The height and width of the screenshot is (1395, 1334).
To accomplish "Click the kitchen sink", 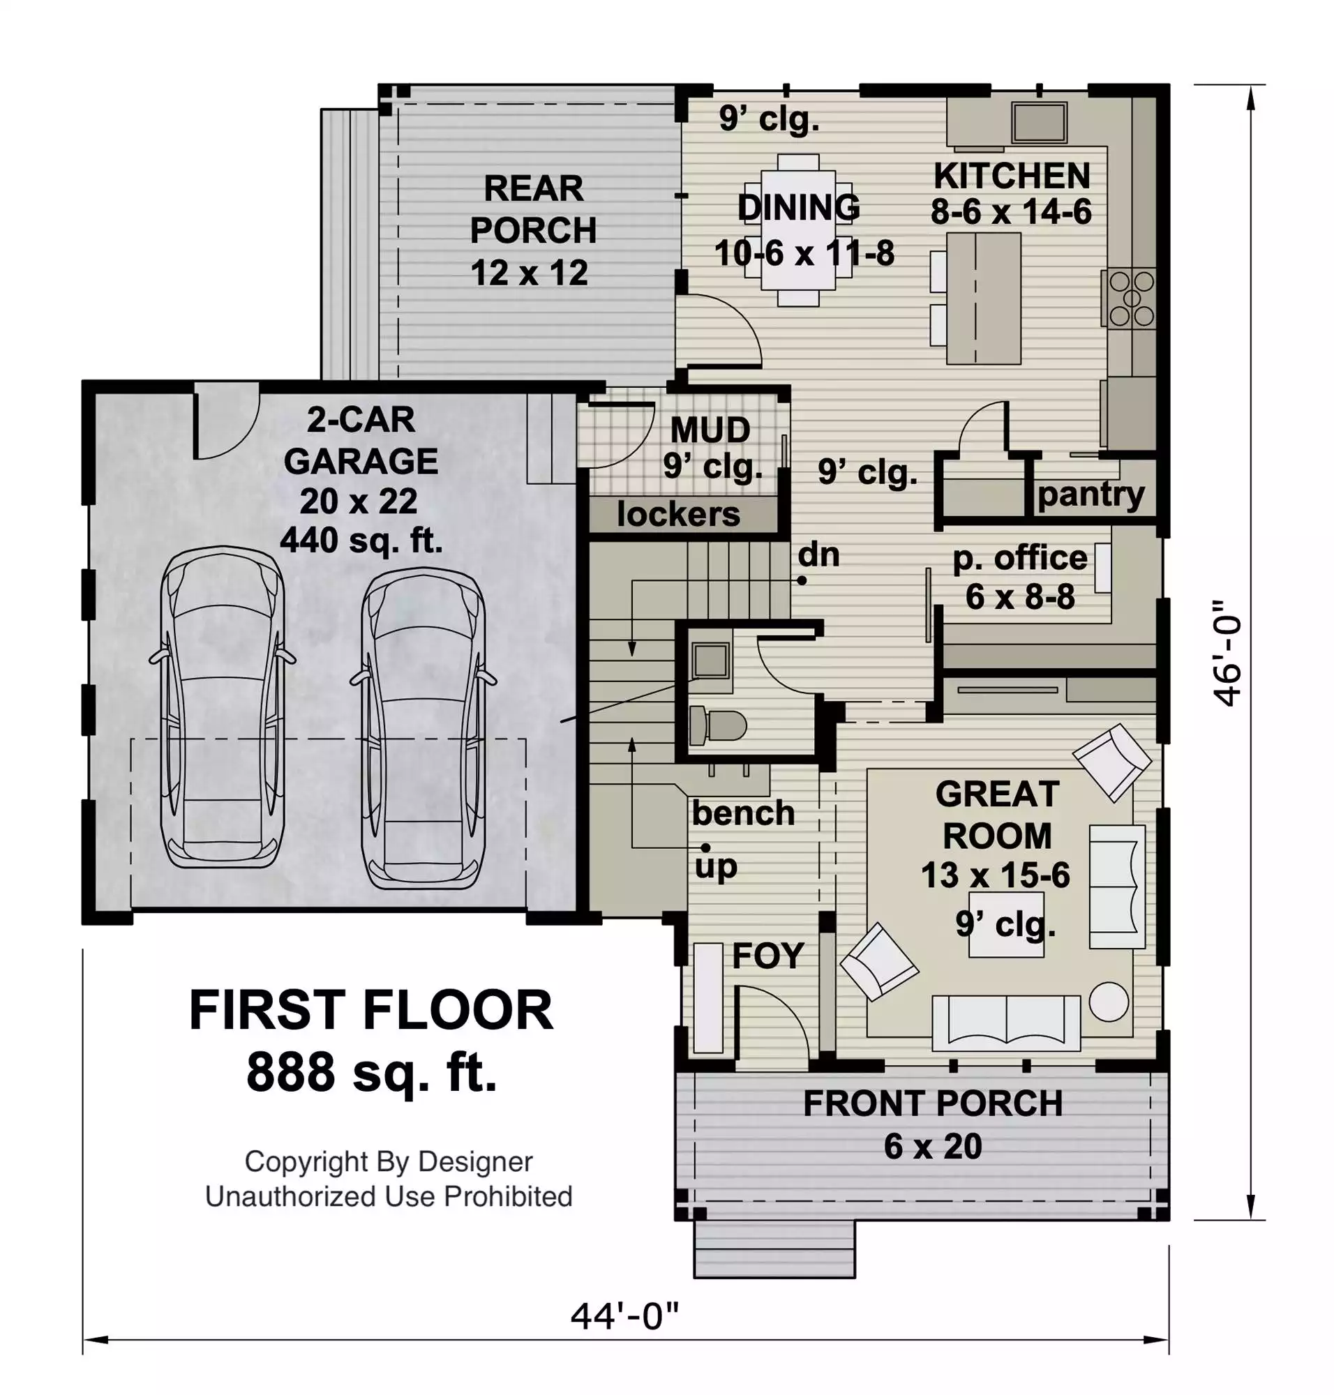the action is [x=1039, y=122].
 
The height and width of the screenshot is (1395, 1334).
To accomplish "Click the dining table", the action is [x=798, y=229].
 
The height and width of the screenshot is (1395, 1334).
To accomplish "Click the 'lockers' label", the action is [x=678, y=514].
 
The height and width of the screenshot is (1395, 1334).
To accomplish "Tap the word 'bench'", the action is [x=743, y=813].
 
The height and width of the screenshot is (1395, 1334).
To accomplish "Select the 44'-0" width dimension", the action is [x=625, y=1315].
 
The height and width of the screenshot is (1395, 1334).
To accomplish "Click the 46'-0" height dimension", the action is [x=1227, y=653].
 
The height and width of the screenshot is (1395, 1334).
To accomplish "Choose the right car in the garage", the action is [x=423, y=728].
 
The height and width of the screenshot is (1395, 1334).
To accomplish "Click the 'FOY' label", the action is [x=768, y=956].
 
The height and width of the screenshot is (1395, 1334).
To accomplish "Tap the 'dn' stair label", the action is [x=818, y=555].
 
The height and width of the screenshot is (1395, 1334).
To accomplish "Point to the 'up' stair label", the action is [x=716, y=867].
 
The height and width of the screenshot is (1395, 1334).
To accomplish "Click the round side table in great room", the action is [x=1109, y=1001].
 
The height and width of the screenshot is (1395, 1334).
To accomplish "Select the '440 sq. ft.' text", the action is [x=361, y=541].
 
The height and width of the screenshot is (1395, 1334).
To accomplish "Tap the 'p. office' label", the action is [x=1020, y=559].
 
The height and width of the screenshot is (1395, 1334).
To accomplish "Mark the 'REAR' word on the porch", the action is [x=533, y=189].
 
